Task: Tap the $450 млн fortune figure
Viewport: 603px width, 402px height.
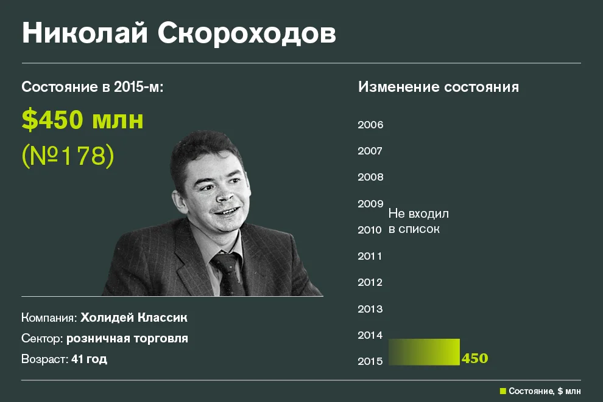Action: pos(83,120)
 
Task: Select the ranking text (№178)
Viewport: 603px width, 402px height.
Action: pos(68,156)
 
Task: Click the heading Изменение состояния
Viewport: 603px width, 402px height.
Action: pos(439,87)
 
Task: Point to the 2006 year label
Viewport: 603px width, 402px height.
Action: pos(370,125)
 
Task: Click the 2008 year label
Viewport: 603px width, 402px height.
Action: pos(370,178)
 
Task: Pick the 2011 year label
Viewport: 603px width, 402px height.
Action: pos(370,256)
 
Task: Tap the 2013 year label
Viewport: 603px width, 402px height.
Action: pos(370,309)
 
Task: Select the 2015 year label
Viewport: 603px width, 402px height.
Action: pos(370,361)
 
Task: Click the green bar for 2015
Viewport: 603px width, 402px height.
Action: pos(425,352)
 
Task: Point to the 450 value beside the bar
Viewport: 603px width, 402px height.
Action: pos(475,358)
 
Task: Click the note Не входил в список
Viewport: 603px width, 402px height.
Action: pos(418,221)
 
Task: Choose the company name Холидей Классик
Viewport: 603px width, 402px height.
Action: pos(134,317)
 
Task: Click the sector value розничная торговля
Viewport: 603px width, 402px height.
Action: pos(127,338)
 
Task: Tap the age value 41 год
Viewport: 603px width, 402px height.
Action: pos(89,359)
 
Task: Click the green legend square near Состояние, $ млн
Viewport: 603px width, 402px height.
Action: pos(503,391)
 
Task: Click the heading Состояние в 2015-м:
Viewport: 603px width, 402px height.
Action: pos(93,87)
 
